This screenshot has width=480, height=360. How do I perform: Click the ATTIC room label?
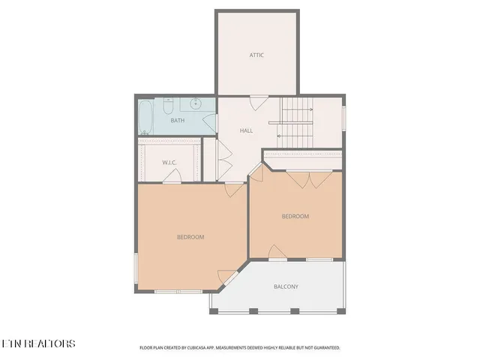point(256,55)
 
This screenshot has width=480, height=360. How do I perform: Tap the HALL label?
point(246,130)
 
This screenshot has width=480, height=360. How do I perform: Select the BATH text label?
point(177,121)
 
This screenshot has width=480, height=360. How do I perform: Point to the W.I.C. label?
point(169,163)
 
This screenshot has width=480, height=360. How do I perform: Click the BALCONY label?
point(286,286)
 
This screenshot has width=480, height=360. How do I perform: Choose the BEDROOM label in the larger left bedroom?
point(190,237)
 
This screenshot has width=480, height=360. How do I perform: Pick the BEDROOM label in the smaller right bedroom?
point(295,217)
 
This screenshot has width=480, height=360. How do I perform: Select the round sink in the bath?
point(194,104)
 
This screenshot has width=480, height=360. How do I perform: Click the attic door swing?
point(258,103)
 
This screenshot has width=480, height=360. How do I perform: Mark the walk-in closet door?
point(172,177)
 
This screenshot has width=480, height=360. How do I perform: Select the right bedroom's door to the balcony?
point(277,253)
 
